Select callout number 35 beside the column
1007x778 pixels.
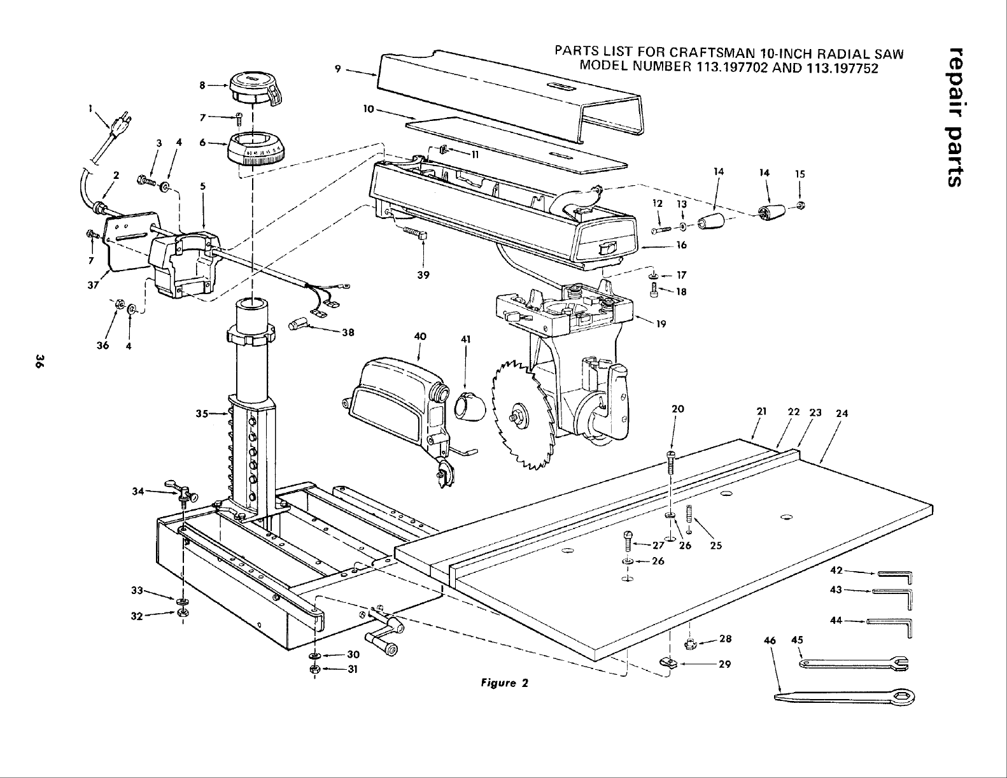tap(203, 413)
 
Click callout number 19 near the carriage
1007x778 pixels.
tap(661, 324)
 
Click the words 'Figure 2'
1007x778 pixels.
tap(505, 684)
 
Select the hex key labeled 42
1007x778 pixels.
tap(896, 575)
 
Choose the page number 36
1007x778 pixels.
tap(39, 364)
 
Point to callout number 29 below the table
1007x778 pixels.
tap(724, 665)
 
